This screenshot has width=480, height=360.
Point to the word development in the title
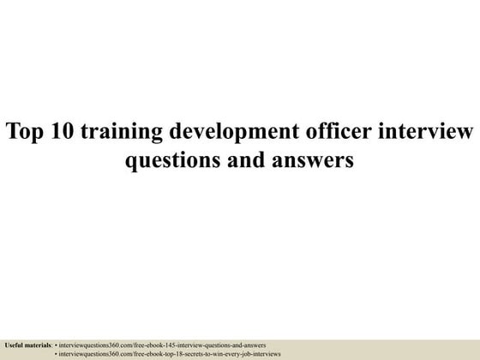(x=223, y=133)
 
